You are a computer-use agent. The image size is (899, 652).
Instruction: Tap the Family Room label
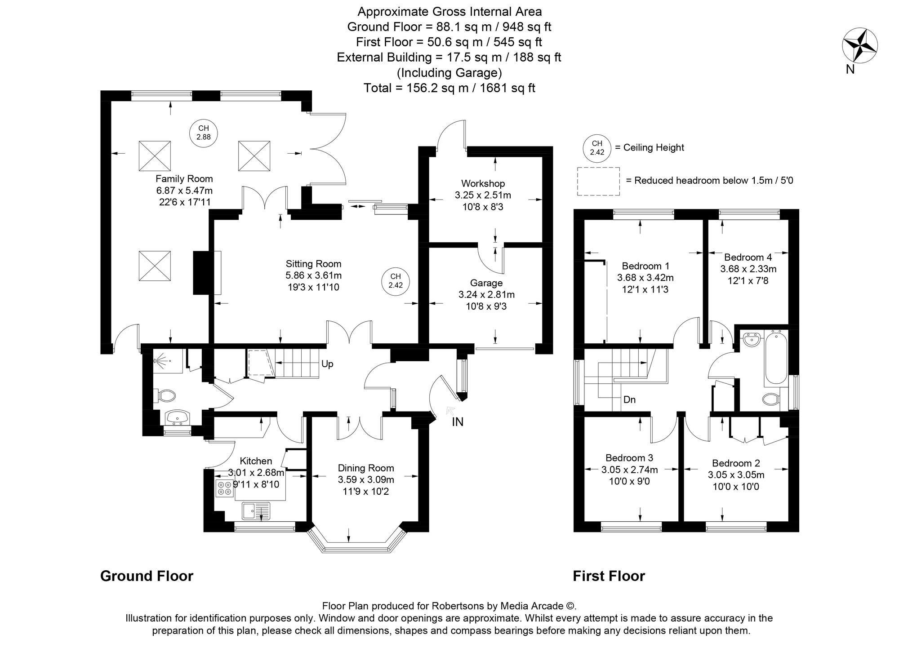(184, 178)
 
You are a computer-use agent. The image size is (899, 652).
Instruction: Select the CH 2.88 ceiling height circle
(204, 133)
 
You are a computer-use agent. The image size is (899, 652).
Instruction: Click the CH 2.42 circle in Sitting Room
(395, 281)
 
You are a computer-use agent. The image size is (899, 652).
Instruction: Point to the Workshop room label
(483, 183)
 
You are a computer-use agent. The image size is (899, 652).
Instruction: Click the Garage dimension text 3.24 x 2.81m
(486, 295)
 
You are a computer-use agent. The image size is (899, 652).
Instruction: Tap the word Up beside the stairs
(327, 364)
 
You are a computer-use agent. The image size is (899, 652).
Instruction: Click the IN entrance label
(458, 422)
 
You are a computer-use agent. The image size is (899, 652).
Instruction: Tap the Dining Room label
(365, 468)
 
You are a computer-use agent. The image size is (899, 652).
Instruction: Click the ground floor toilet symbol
(165, 396)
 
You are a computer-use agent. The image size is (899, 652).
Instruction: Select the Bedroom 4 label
(748, 257)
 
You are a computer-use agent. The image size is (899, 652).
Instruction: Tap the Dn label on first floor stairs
(629, 399)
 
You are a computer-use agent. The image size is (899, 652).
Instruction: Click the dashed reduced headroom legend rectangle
(598, 181)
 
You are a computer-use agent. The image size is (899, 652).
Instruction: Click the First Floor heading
(609, 577)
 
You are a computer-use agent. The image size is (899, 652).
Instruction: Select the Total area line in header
(449, 88)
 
